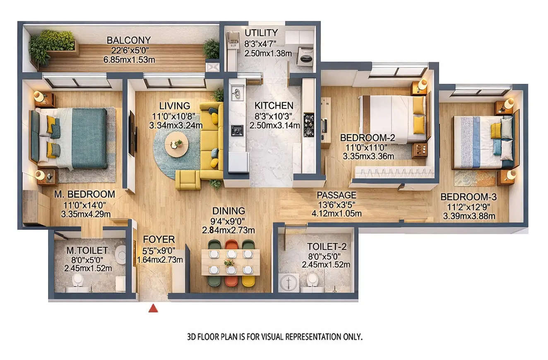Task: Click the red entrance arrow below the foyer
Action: tap(153, 308)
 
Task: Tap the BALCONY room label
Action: tap(128, 40)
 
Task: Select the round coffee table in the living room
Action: tap(177, 145)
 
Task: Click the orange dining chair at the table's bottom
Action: tap(231, 280)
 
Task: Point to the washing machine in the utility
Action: tap(305, 57)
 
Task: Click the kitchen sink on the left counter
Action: tap(237, 94)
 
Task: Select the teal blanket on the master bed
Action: tap(89, 138)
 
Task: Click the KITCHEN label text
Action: tap(274, 106)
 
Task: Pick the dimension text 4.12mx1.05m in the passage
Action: tap(336, 214)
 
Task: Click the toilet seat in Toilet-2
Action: tap(312, 280)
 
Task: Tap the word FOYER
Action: tap(159, 239)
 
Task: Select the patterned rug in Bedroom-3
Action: tap(474, 178)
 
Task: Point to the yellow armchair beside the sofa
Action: tap(187, 180)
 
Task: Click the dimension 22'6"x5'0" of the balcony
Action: tap(129, 50)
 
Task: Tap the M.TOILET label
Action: tap(87, 250)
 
